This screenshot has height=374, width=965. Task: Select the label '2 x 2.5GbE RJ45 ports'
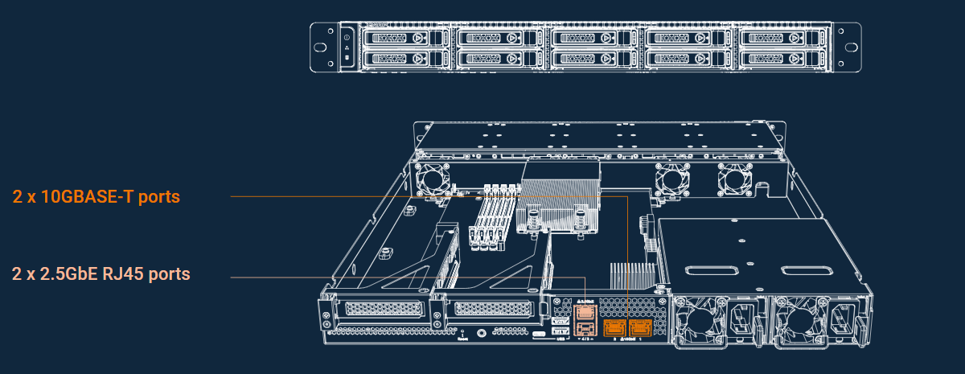pyautogui.click(x=101, y=273)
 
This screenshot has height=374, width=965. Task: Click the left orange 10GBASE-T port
pyautogui.click(x=614, y=327)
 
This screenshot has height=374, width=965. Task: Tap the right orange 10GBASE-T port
pyautogui.click(x=641, y=327)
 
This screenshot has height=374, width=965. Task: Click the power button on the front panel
pyautogui.click(x=347, y=38)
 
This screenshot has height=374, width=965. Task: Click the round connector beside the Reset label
pyautogui.click(x=480, y=331)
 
